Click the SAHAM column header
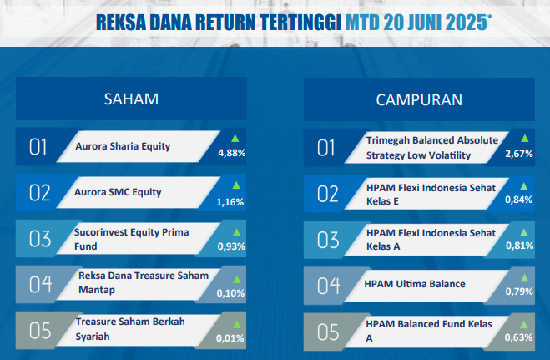pyautogui.click(x=131, y=99)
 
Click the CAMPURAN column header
pyautogui.click(x=419, y=100)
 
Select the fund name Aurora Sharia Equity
pyautogui.click(x=123, y=146)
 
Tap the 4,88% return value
pyautogui.click(x=232, y=153)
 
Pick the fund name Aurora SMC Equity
pyautogui.click(x=118, y=192)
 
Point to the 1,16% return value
pyautogui.click(x=230, y=202)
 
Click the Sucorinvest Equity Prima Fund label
pyautogui.click(x=132, y=239)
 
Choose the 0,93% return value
pyautogui.click(x=231, y=246)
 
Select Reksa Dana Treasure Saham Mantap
pyautogui.click(x=144, y=282)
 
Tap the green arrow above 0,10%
pyautogui.click(x=237, y=280)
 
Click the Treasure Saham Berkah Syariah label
pyautogui.click(x=130, y=329)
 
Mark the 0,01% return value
pyautogui.click(x=230, y=338)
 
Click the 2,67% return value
pyautogui.click(x=519, y=154)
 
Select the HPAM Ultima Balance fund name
pyautogui.click(x=415, y=284)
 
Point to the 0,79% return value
pyautogui.click(x=519, y=292)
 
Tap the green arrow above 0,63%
pyautogui.click(x=523, y=325)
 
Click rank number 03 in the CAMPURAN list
pyautogui.click(x=328, y=240)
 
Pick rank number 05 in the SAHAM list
pyautogui.click(x=40, y=331)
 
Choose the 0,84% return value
pyautogui.click(x=519, y=200)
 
